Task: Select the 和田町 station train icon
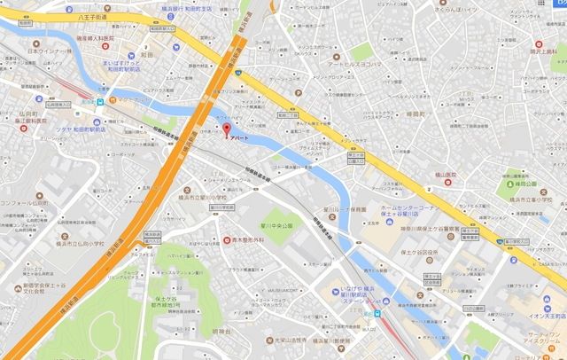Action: tap(102, 100)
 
